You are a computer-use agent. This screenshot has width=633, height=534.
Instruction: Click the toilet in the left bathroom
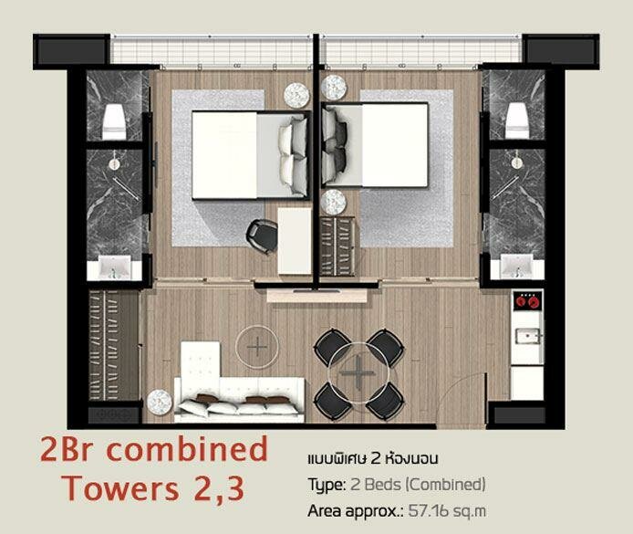click(113, 122)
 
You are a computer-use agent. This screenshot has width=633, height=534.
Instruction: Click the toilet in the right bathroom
click(517, 120)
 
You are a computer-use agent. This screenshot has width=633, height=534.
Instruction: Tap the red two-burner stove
click(527, 301)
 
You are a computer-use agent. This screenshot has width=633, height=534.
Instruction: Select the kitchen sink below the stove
click(527, 336)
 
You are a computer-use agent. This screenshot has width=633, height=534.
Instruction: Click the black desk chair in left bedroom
click(261, 236)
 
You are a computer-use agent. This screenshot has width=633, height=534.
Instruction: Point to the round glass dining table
click(358, 372)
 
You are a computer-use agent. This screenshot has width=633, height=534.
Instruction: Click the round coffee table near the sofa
click(257, 346)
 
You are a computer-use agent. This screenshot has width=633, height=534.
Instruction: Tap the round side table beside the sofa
click(160, 402)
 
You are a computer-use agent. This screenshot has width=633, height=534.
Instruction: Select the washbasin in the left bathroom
click(115, 267)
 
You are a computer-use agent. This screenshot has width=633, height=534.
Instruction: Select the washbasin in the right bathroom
click(517, 267)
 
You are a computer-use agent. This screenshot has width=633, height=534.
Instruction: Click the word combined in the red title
click(187, 450)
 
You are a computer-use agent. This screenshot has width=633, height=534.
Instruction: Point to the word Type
click(327, 485)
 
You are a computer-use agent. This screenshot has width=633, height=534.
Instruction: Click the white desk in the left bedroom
click(295, 241)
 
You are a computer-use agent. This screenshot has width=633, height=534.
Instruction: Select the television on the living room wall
click(316, 290)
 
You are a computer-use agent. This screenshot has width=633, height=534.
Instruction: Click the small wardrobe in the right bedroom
click(337, 246)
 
